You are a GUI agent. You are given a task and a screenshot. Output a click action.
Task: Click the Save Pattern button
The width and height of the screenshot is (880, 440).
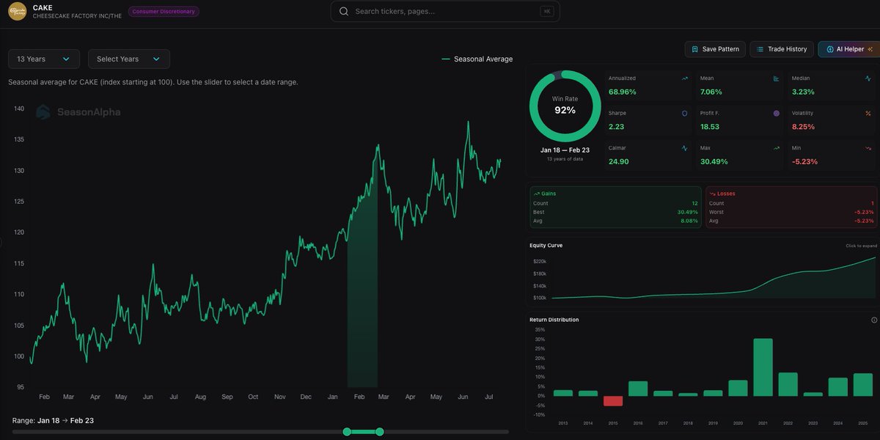[x=715, y=49]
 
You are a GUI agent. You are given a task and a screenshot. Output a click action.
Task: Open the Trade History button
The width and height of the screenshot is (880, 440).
[x=781, y=49]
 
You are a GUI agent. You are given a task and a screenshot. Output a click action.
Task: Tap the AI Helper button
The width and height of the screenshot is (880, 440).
[x=848, y=49]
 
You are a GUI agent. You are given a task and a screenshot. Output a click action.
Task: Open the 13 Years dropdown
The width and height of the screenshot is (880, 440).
[x=43, y=59]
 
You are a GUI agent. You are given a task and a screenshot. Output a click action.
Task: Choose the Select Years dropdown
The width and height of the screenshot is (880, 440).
[x=128, y=59]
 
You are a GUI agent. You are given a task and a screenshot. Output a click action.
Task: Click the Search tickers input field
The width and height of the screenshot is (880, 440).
[x=444, y=11]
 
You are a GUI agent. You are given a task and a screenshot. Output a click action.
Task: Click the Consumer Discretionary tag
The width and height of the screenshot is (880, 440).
[x=164, y=11]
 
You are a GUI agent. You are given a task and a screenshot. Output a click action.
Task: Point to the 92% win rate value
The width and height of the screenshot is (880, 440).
[x=565, y=110]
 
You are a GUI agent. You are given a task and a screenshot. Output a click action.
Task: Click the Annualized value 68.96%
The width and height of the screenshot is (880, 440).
[x=623, y=92]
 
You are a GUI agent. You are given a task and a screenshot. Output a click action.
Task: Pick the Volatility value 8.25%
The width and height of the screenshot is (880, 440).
[x=803, y=127]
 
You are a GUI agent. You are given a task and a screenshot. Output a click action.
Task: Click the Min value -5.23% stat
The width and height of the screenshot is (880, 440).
[x=804, y=161]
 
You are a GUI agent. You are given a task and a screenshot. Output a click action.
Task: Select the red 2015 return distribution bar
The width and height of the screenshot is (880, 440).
[x=613, y=400]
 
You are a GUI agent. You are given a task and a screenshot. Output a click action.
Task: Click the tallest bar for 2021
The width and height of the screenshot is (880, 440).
[x=763, y=367]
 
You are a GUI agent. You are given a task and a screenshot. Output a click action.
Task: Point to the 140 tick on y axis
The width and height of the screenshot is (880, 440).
[x=19, y=109]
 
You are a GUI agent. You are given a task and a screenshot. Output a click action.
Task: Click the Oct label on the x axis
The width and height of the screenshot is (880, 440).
[x=253, y=397]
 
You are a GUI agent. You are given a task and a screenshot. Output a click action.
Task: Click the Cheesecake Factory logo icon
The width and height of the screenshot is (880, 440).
[x=17, y=11]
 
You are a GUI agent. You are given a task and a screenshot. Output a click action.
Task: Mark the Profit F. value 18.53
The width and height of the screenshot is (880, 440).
[x=710, y=127]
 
